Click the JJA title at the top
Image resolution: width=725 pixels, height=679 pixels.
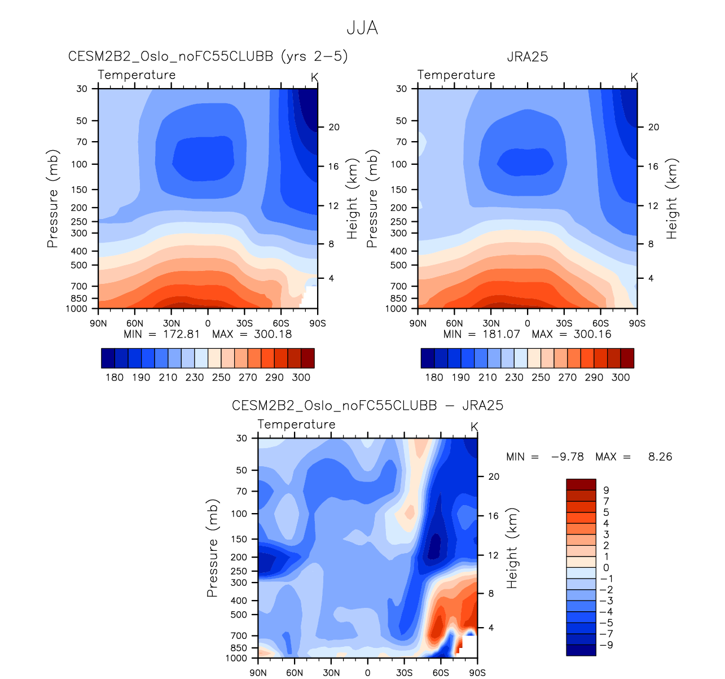tap(362, 28)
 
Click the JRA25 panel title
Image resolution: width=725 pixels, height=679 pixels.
tap(527, 56)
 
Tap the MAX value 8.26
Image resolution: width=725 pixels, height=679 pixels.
tap(660, 457)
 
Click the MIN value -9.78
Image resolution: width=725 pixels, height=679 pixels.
tap(567, 457)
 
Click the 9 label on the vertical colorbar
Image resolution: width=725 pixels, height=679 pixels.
tap(606, 490)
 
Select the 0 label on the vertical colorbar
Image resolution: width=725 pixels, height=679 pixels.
tap(606, 568)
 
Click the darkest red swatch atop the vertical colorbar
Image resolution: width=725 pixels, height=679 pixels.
tap(581, 484)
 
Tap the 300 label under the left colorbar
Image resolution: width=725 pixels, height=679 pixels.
tap(301, 377)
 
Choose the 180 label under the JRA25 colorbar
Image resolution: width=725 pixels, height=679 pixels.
tap(434, 377)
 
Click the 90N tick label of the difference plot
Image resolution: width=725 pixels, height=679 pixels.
tap(258, 673)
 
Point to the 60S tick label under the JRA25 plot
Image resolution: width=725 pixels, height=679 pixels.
tap(600, 323)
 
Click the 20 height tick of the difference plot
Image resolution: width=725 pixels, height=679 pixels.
tap(494, 476)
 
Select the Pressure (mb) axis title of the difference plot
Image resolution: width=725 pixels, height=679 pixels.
tap(212, 547)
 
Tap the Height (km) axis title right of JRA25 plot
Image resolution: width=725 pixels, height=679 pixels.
tap(671, 198)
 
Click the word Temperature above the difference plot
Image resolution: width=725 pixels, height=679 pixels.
tap(296, 424)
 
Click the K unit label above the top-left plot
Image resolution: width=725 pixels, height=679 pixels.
tap(314, 77)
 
